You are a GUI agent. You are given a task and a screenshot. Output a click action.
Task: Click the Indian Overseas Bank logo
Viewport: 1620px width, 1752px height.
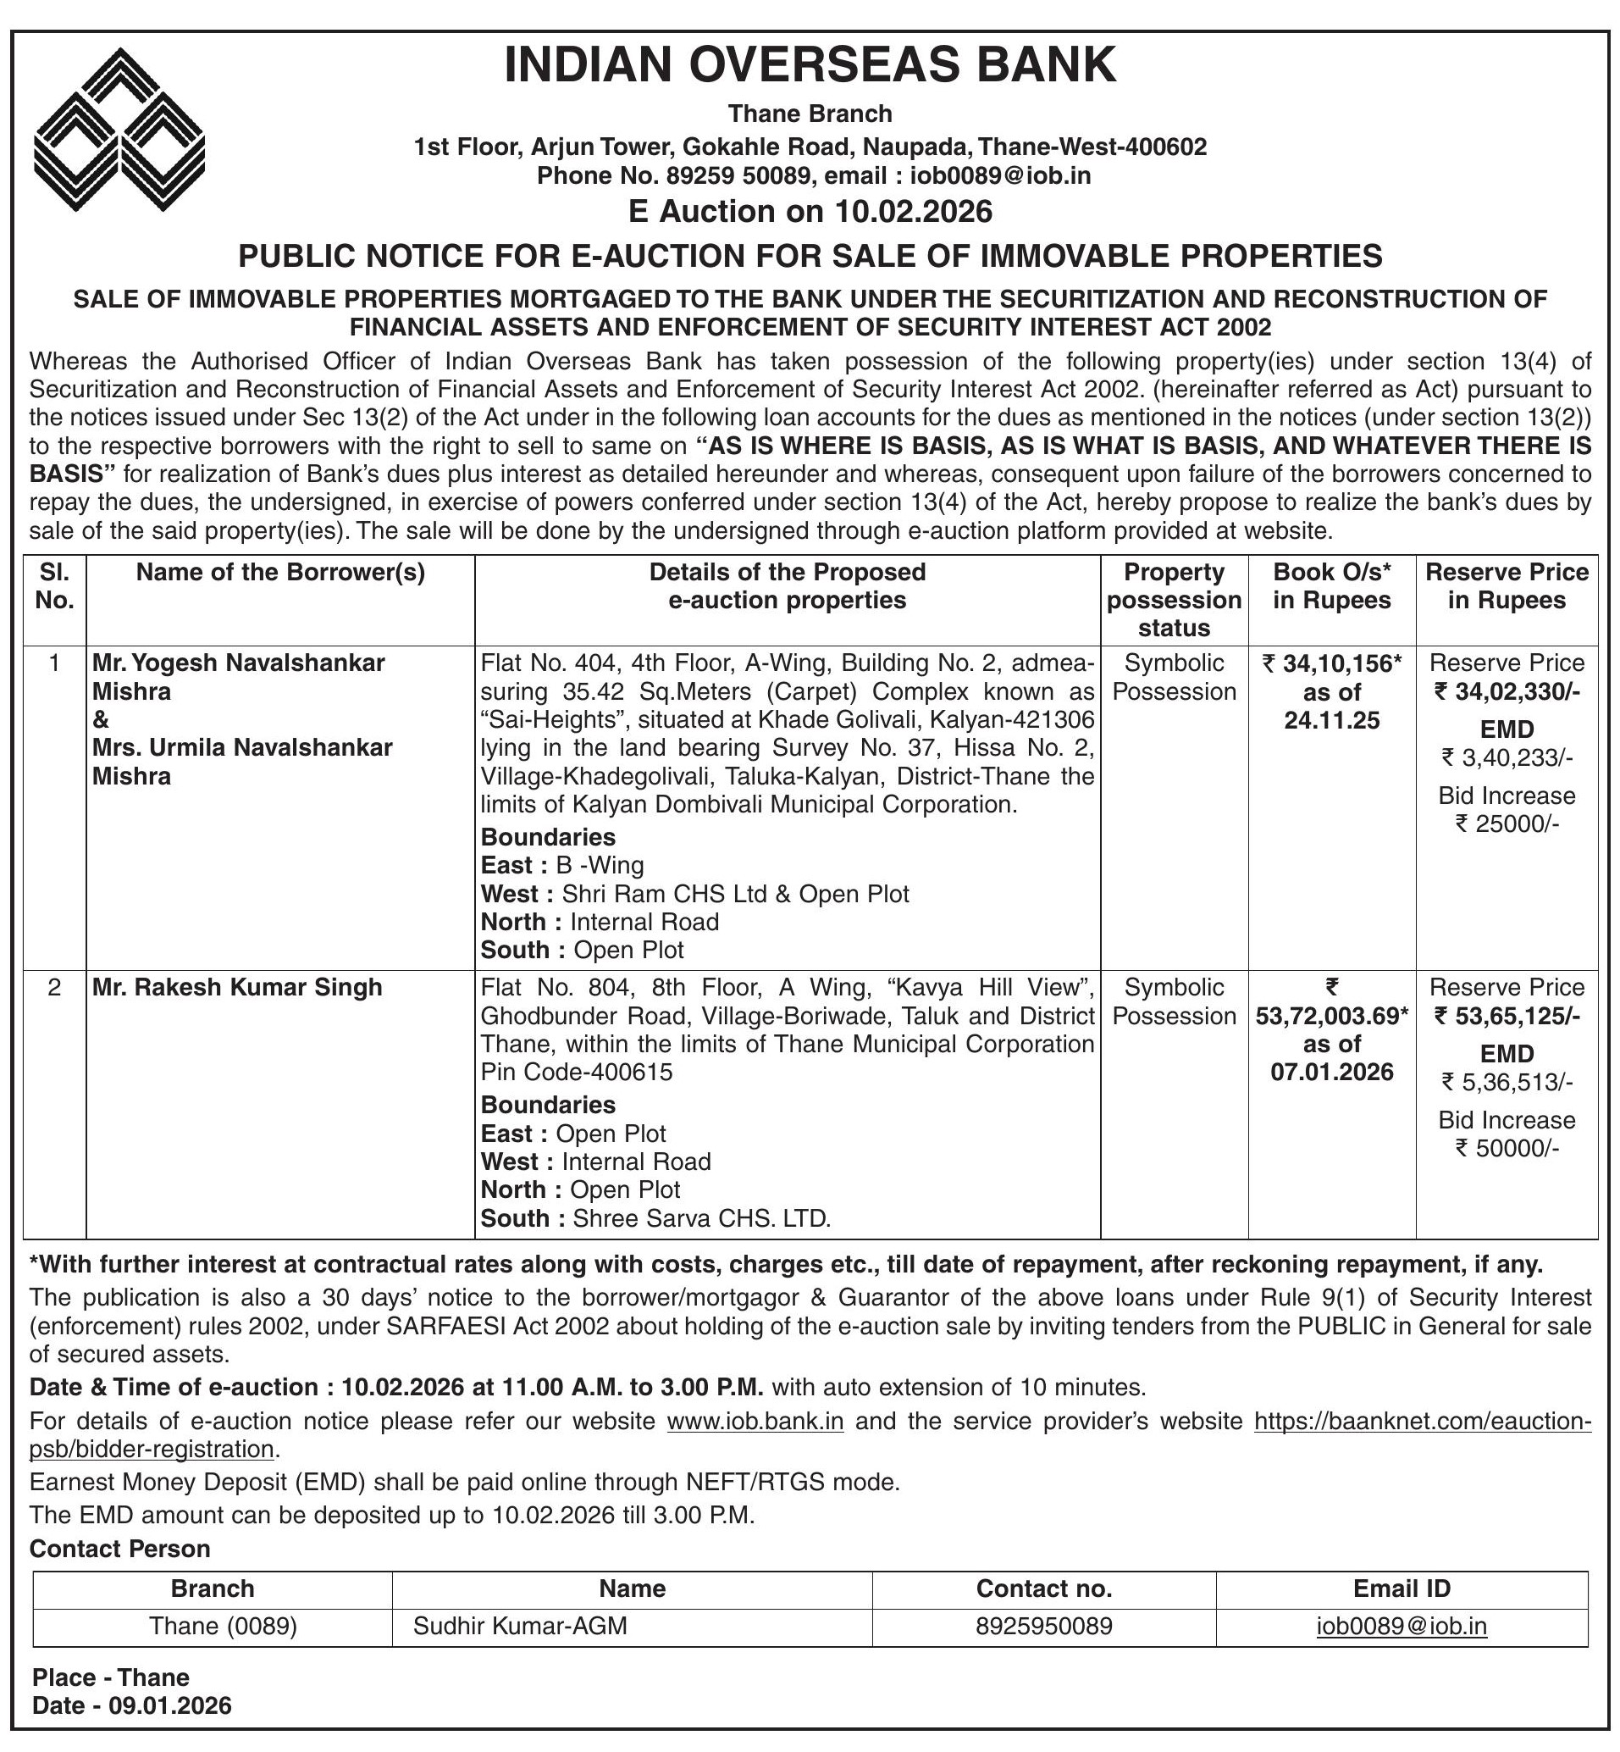pos(119,129)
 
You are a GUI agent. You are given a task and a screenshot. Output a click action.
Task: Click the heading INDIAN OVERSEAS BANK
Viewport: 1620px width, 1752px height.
pos(810,66)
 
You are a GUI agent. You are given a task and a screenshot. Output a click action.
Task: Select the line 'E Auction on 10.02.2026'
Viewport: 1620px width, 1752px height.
pos(810,211)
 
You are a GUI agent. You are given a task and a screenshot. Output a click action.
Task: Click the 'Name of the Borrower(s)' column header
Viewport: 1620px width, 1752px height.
pos(279,573)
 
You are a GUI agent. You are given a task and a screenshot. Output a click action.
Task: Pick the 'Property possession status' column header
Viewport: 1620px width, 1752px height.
pos(1174,600)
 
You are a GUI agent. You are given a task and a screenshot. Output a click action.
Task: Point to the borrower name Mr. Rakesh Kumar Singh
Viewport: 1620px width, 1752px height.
pos(238,987)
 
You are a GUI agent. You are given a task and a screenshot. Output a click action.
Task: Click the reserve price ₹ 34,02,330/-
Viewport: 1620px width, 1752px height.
pos(1507,692)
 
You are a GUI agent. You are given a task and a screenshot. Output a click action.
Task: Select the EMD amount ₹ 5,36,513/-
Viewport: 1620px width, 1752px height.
pos(1507,1083)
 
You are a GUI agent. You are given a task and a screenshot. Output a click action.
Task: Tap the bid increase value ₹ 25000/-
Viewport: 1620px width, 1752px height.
pos(1507,823)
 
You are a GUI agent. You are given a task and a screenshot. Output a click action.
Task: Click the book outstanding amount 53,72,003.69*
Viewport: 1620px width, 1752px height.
pos(1331,1017)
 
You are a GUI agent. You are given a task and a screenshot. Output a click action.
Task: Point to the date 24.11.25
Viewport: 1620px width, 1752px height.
pos(1331,721)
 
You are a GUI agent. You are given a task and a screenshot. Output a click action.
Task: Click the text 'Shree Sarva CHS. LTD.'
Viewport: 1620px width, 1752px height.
pos(701,1218)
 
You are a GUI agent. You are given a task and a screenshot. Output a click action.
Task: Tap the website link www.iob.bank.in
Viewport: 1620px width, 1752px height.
pos(755,1422)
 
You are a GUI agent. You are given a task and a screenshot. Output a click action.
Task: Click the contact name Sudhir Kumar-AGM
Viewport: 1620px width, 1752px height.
pos(520,1627)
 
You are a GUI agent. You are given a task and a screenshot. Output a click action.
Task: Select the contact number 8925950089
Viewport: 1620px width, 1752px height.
pos(1043,1627)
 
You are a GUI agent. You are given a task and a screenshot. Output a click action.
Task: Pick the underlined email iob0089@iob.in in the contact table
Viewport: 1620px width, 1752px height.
pos(1401,1627)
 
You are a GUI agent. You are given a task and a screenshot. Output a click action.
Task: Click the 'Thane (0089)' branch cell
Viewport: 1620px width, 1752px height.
pos(223,1627)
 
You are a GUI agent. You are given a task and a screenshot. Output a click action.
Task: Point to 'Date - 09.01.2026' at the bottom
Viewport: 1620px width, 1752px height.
pos(132,1705)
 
